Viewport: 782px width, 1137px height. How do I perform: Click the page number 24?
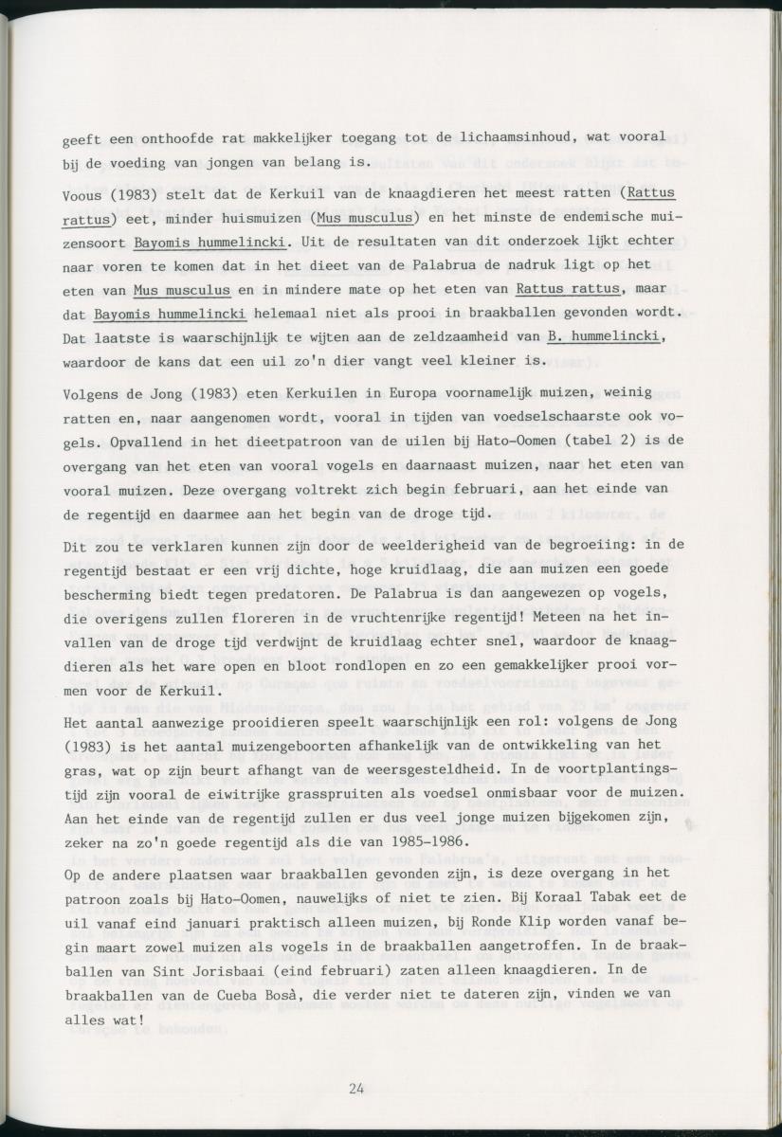(356, 1088)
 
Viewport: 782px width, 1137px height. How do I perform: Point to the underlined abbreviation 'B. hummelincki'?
(602, 335)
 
